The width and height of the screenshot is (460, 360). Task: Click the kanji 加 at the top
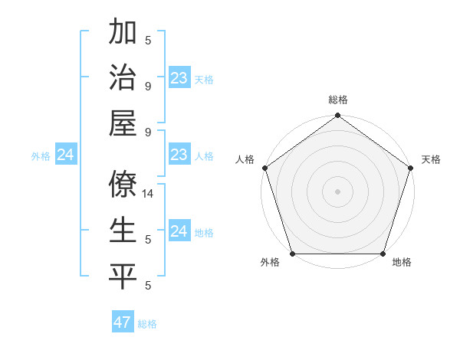click(x=123, y=33)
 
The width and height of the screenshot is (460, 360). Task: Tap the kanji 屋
click(x=123, y=124)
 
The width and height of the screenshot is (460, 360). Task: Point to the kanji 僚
click(x=123, y=185)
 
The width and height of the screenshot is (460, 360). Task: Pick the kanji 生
click(x=123, y=230)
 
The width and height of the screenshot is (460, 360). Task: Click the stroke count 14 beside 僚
click(x=149, y=195)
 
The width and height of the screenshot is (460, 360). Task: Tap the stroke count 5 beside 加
click(x=148, y=41)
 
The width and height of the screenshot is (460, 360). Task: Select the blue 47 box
click(x=123, y=322)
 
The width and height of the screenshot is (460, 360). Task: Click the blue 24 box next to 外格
click(x=65, y=155)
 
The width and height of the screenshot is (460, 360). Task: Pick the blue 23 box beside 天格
click(x=179, y=78)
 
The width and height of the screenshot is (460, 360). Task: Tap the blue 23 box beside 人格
click(x=179, y=155)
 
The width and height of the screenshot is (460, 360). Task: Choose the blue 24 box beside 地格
click(x=179, y=231)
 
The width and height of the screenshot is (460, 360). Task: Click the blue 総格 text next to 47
click(x=147, y=324)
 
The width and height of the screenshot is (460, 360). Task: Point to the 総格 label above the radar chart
click(x=337, y=100)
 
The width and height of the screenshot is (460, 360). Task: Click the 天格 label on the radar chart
click(x=431, y=159)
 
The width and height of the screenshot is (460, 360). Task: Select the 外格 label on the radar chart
click(x=269, y=263)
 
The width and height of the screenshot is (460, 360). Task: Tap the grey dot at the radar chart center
click(x=337, y=191)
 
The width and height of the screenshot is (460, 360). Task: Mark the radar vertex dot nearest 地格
click(x=383, y=254)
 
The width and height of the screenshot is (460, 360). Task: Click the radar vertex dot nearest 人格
click(x=264, y=168)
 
